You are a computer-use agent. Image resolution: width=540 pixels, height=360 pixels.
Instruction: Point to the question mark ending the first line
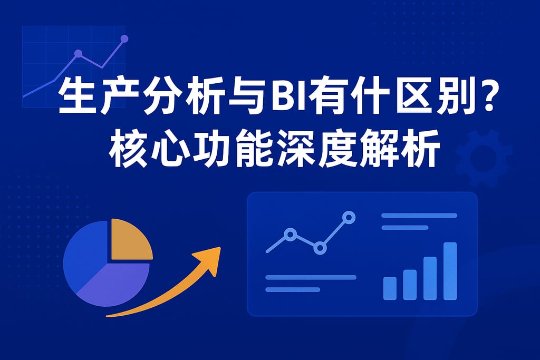tap(486, 96)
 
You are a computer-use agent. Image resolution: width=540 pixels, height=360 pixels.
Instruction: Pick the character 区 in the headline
tap(411, 96)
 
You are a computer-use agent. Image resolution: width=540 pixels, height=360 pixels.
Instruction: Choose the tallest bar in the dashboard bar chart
tap(450, 271)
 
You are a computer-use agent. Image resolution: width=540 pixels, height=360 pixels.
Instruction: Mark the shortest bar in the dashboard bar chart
tap(390, 288)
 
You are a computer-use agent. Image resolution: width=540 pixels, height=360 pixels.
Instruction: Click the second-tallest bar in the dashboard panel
tap(430, 278)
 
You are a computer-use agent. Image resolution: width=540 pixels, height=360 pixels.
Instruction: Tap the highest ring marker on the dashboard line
tap(349, 218)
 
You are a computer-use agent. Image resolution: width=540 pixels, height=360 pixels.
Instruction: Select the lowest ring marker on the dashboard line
tap(320, 248)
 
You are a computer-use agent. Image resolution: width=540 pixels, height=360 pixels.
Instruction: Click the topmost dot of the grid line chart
tap(124, 38)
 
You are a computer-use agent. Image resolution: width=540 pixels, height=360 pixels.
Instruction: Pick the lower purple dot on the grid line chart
tap(79, 53)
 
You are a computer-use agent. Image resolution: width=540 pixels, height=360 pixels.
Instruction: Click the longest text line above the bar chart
tap(419, 216)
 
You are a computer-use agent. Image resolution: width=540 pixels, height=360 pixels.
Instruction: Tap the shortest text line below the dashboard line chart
tap(293, 290)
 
